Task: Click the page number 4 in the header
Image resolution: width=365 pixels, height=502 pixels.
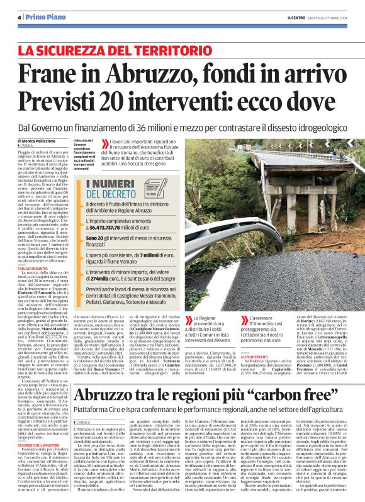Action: click(20, 17)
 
